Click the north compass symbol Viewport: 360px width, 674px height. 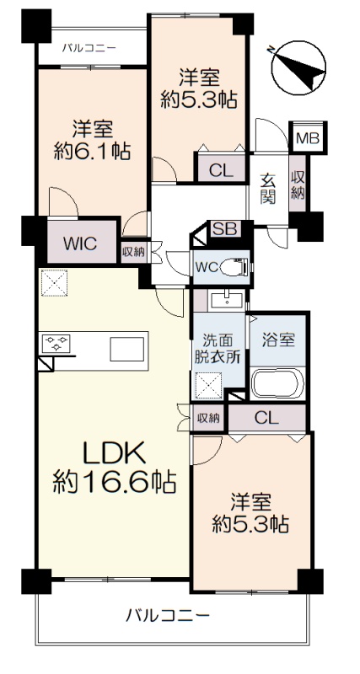tap(298, 67)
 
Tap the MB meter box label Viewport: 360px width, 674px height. tap(308, 138)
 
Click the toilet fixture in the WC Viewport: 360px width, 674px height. tap(234, 267)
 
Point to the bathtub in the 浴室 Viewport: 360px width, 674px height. tap(277, 383)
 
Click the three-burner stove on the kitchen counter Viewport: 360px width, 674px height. tap(56, 344)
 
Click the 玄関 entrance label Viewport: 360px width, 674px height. tap(267, 189)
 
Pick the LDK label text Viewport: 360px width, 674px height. tap(114, 454)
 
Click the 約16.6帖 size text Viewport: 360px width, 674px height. tap(115, 482)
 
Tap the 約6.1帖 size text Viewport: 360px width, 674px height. tap(92, 152)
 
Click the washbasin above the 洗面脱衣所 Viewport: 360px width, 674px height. tap(227, 300)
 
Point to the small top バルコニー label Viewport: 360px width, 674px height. tap(89, 47)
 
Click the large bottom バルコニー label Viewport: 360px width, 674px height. tap(168, 617)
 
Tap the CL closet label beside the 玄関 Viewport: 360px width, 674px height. tap(221, 171)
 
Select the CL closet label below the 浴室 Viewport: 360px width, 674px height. tap(266, 417)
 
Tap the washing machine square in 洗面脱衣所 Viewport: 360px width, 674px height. tap(208, 386)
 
